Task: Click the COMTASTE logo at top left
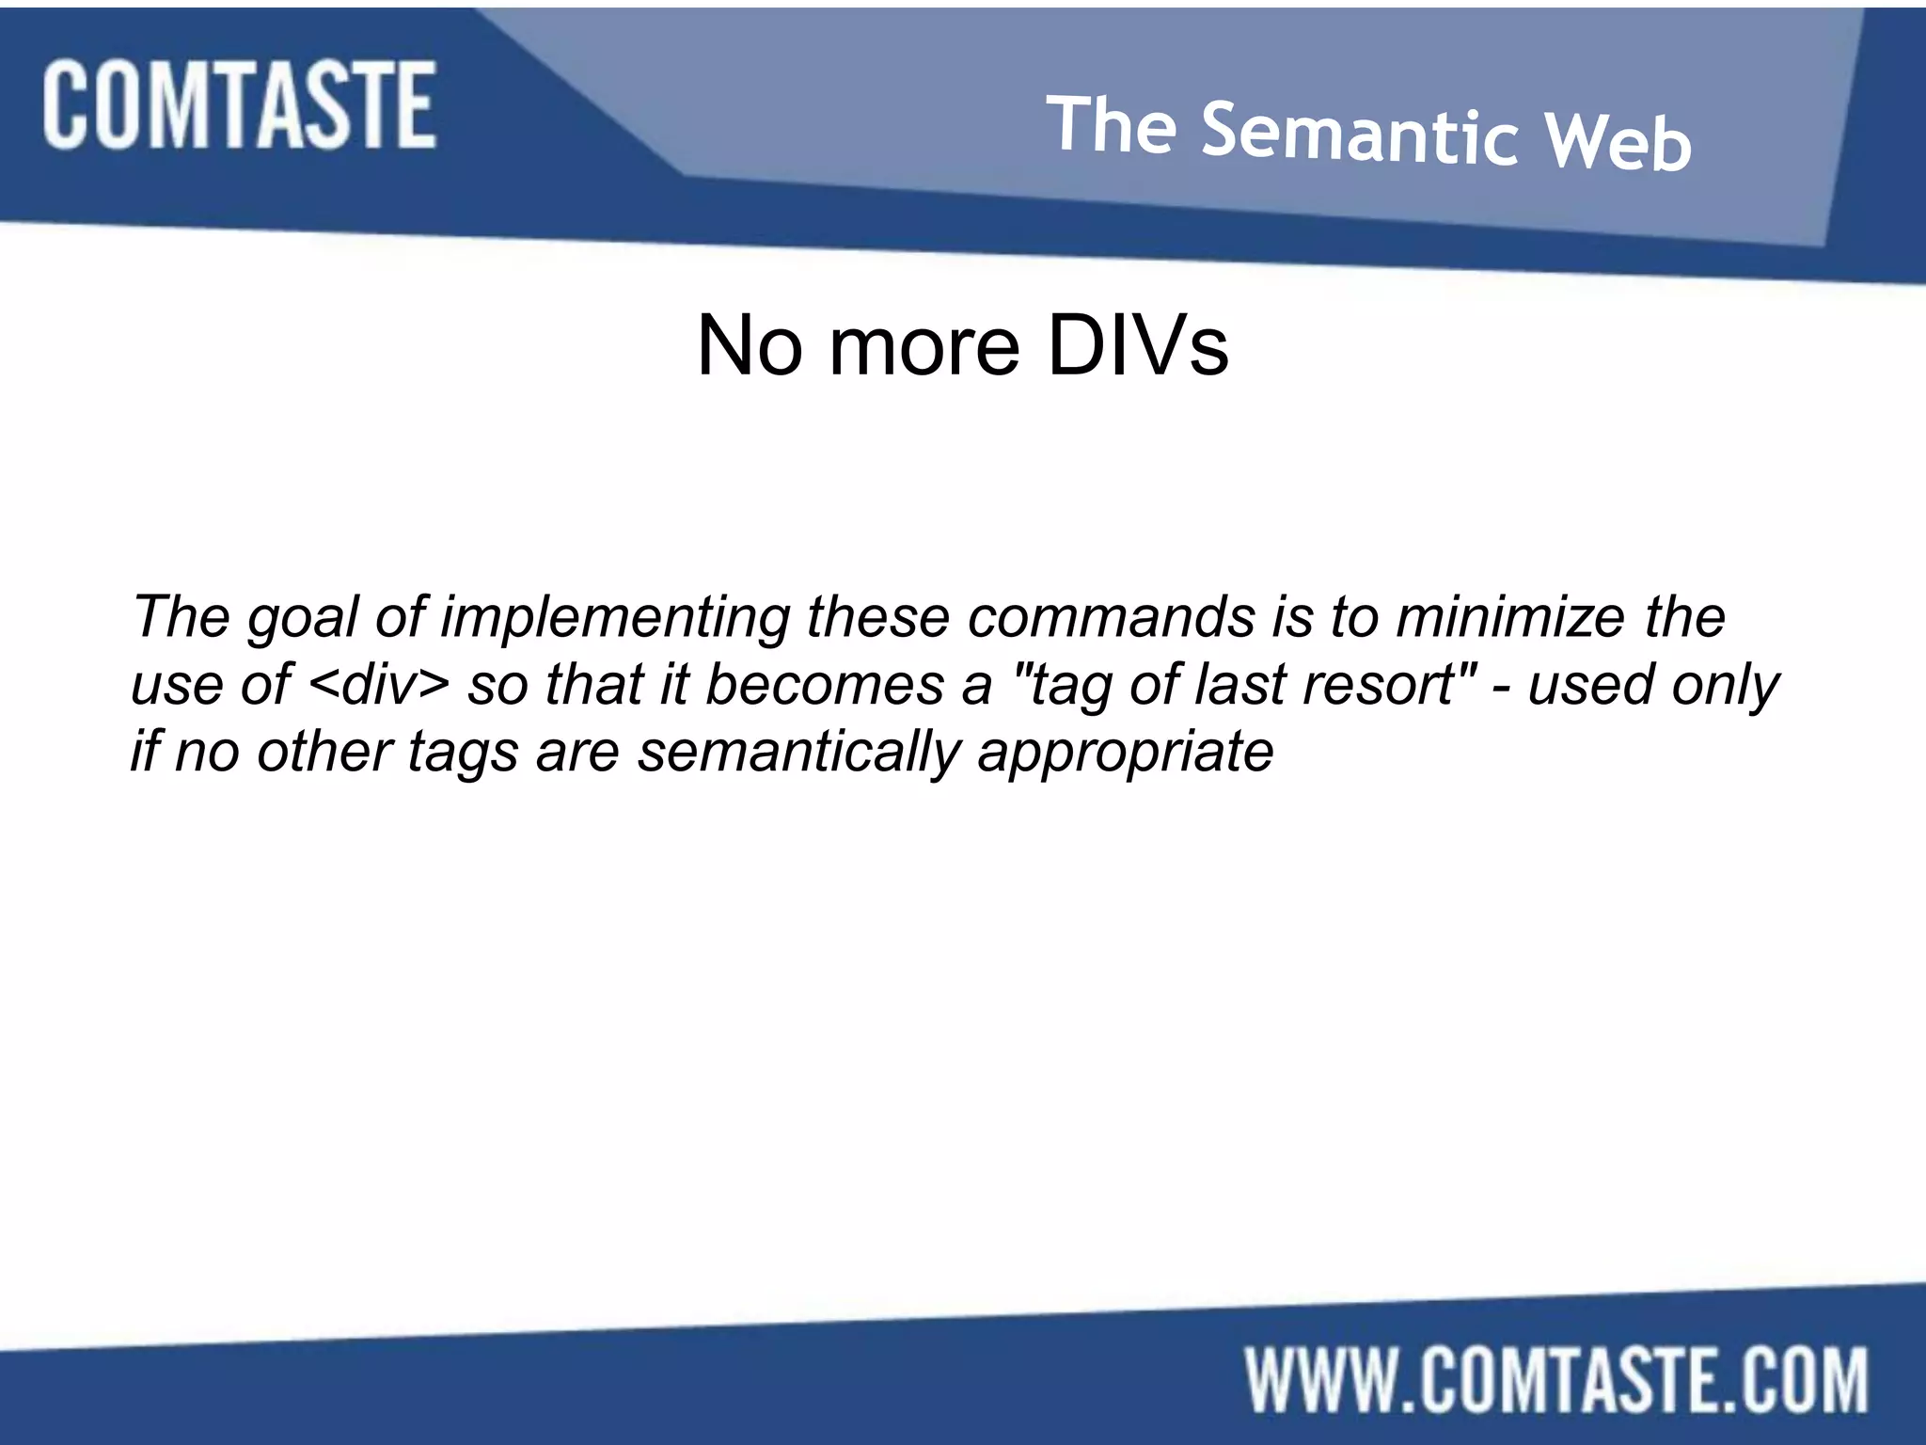[239, 104]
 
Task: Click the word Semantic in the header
[1360, 135]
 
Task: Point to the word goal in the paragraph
[302, 618]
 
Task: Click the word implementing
[615, 618]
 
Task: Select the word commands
[1112, 618]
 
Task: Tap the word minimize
[1510, 618]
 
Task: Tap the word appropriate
[1126, 753]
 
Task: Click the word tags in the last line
[463, 753]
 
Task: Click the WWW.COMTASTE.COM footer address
[1557, 1379]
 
